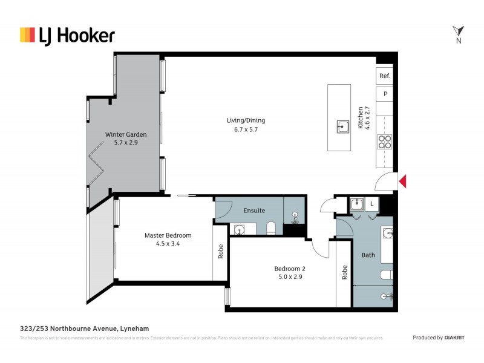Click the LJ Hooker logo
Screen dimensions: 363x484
[x=67, y=35]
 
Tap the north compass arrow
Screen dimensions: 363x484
[x=458, y=31]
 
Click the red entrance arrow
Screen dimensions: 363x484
[x=403, y=181]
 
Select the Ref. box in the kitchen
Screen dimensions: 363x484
[x=384, y=76]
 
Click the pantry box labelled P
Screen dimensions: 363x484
[x=384, y=94]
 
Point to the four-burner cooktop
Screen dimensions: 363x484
[x=384, y=142]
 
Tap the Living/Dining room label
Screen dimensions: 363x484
[x=245, y=120]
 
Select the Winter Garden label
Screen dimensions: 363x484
[x=126, y=134]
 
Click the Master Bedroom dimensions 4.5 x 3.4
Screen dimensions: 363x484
[x=168, y=244]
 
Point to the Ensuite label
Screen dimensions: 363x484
[x=254, y=211]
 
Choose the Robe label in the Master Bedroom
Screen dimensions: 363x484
[x=220, y=251]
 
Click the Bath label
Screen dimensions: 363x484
[x=368, y=255]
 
